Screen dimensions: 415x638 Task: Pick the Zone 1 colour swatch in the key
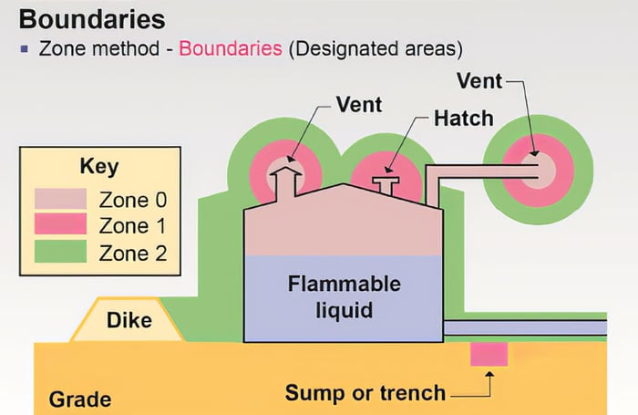[60, 223]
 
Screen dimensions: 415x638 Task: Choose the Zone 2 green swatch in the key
[60, 250]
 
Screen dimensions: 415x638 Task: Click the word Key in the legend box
[99, 168]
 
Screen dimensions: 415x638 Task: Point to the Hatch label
[463, 118]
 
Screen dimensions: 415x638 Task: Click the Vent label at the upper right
[480, 80]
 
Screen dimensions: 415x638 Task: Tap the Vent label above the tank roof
[358, 103]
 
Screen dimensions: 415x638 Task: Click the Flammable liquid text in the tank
[330, 296]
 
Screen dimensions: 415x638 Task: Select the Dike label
[129, 320]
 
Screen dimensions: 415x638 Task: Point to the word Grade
[80, 399]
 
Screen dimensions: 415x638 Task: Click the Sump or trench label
[365, 393]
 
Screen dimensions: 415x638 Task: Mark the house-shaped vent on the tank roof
[287, 182]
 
